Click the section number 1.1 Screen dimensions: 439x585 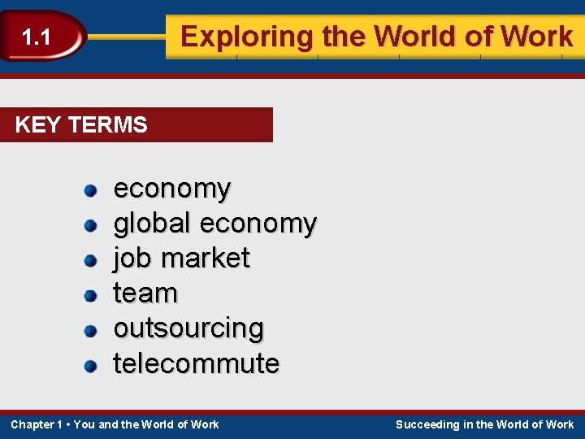coord(36,37)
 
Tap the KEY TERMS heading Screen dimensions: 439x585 coord(81,125)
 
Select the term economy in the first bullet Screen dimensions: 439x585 coord(171,189)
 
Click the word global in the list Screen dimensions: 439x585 coord(151,223)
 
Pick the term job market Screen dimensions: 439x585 coord(181,258)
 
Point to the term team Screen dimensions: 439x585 coord(145,293)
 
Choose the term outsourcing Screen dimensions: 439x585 coord(188,328)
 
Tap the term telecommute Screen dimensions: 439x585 coord(196,363)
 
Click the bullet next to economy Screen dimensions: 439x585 coord(91,190)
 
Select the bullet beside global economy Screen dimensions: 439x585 coord(91,225)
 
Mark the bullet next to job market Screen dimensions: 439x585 coord(91,260)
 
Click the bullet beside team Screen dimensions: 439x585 coord(91,295)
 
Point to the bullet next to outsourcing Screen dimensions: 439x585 coord(91,330)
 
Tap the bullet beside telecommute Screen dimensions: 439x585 coord(91,365)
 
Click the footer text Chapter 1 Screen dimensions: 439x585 coord(37,424)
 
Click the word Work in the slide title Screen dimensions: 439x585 coord(537,37)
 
